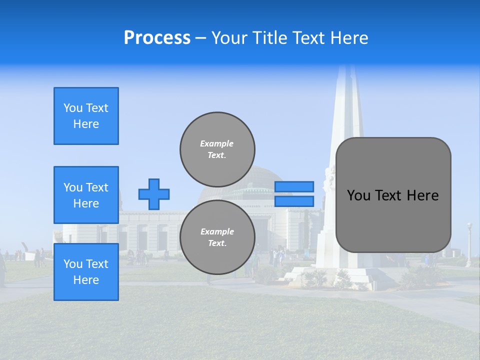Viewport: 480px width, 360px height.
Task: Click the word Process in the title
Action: click(x=157, y=38)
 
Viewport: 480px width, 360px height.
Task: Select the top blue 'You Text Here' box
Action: click(x=86, y=116)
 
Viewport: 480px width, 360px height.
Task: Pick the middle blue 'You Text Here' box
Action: click(x=86, y=195)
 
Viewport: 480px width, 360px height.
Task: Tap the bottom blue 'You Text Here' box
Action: click(x=86, y=272)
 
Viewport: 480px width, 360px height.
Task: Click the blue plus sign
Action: click(x=154, y=194)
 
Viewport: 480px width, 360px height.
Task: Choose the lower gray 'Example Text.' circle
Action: click(x=217, y=237)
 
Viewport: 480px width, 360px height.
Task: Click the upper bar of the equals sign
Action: click(x=294, y=186)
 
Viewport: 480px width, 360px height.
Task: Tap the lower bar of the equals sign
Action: click(x=294, y=201)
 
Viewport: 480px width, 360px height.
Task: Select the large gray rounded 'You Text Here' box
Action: click(x=393, y=194)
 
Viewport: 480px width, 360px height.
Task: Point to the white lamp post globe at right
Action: click(x=469, y=226)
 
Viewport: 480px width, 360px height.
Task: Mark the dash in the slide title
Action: click(x=201, y=38)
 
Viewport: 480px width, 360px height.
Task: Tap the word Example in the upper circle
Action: click(x=217, y=143)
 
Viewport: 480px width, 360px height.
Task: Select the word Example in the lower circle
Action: click(x=217, y=231)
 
